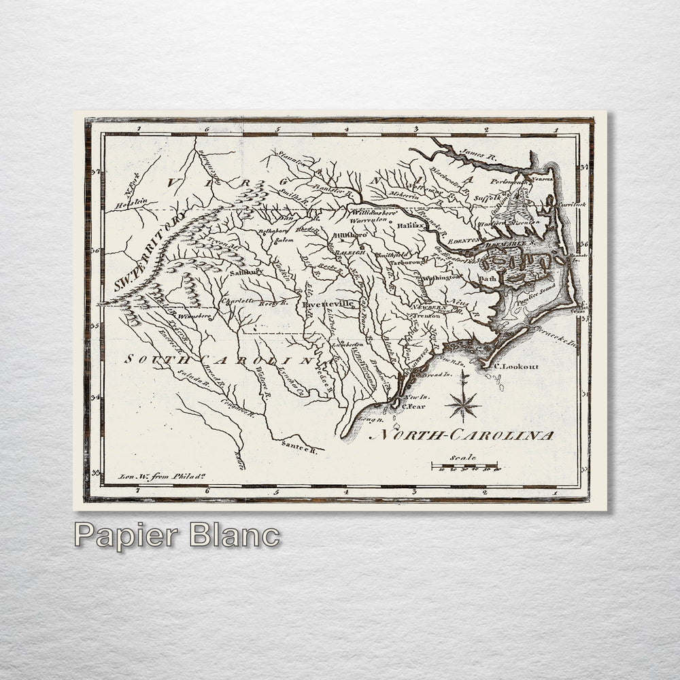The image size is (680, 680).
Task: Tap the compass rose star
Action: click(x=462, y=403)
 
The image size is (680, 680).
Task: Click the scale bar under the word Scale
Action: click(x=465, y=466)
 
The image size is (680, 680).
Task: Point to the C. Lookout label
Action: click(x=516, y=367)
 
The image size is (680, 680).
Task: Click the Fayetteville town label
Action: click(x=329, y=303)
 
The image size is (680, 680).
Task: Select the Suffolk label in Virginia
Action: click(x=487, y=199)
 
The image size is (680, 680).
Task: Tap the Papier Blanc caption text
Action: click(x=177, y=535)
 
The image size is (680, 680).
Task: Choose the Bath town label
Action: click(x=488, y=278)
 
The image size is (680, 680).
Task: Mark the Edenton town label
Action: click(x=464, y=240)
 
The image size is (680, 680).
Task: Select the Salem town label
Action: click(x=284, y=240)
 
